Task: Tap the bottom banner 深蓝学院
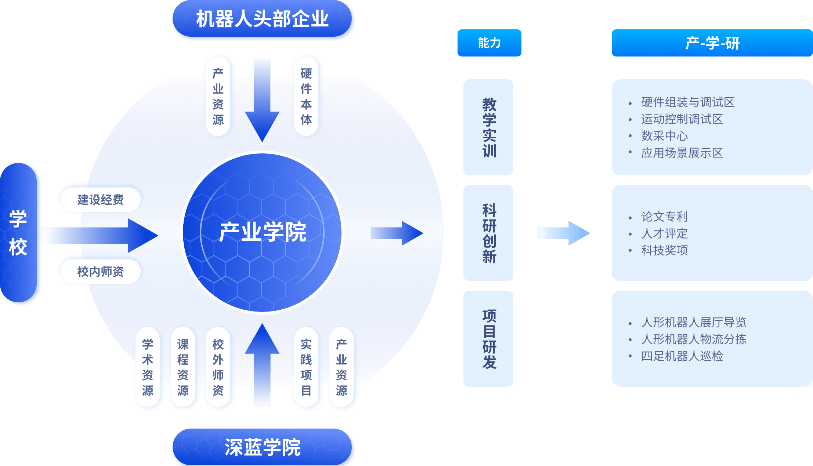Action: click(263, 447)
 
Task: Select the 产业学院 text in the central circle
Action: click(263, 232)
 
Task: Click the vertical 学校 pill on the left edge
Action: click(18, 233)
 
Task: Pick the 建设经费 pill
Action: click(100, 200)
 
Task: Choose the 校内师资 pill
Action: click(100, 272)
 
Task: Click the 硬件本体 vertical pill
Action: click(306, 96)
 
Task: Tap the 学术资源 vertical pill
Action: click(148, 367)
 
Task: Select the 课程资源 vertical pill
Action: click(183, 367)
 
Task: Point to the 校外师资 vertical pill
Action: click(218, 367)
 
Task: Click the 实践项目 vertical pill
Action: click(306, 367)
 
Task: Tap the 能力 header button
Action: click(489, 43)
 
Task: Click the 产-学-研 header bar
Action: click(712, 43)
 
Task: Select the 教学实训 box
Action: click(488, 127)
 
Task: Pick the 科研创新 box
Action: click(488, 233)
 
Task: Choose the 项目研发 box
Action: click(488, 339)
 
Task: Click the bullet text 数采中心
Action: click(664, 136)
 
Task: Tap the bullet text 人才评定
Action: click(664, 233)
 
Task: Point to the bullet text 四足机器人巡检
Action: click(682, 356)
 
